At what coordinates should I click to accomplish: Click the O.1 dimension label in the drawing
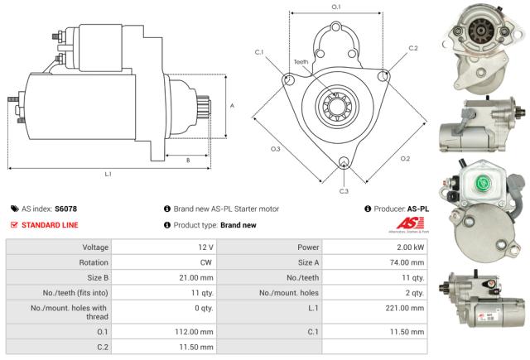(335, 7)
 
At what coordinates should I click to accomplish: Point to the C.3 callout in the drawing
(344, 191)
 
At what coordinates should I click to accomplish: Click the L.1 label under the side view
(108, 174)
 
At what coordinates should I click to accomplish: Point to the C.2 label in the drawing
(413, 48)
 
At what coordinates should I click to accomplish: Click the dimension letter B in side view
(188, 160)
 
